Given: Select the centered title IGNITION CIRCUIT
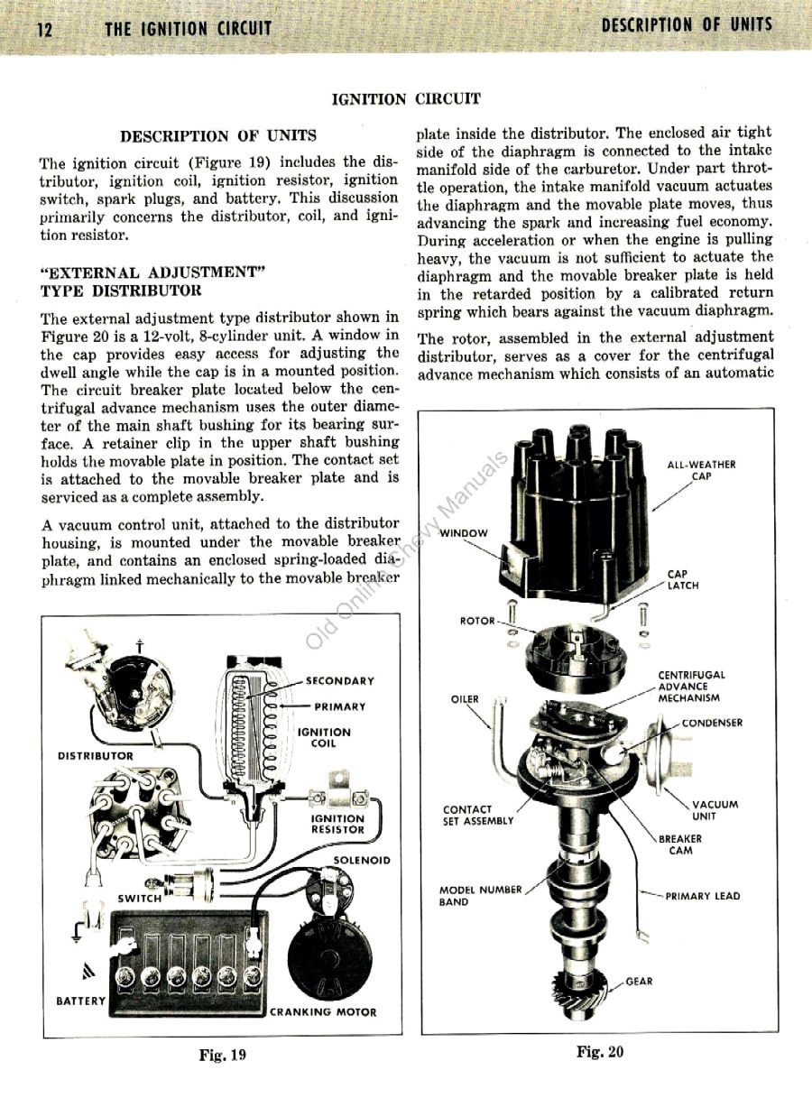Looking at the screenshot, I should click(x=406, y=98).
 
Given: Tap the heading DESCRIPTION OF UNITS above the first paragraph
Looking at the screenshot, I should click(x=218, y=136).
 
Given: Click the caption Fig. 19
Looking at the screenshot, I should click(x=222, y=1055).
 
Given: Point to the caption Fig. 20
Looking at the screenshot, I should click(x=600, y=1051).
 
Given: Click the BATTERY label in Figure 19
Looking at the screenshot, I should click(x=81, y=1001).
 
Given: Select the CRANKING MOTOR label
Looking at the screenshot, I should click(x=324, y=1011).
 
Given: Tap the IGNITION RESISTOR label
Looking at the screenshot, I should click(x=337, y=824).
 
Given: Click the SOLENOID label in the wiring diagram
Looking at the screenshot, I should click(x=362, y=860).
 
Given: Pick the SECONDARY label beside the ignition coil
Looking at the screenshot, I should click(x=339, y=681).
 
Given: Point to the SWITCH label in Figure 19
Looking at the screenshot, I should click(x=140, y=898).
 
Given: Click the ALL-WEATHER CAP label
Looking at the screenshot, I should click(x=701, y=470).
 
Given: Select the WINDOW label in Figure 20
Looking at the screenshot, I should click(x=464, y=532).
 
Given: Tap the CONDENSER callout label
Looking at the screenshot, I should click(x=712, y=723).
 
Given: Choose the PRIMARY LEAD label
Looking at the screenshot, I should click(x=702, y=896).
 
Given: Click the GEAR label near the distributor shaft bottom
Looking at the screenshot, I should click(x=639, y=981).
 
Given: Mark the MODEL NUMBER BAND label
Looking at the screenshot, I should click(x=480, y=895).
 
